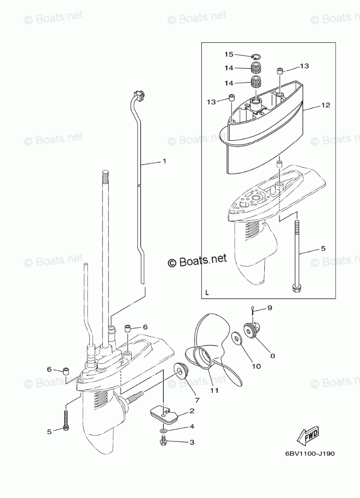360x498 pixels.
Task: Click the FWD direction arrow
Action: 307,434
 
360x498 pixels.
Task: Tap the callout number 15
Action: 228,54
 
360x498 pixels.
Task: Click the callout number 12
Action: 325,105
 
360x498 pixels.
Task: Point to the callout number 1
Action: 164,161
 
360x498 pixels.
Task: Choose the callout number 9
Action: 269,307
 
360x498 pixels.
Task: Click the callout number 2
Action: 192,411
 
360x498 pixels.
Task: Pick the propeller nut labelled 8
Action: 250,331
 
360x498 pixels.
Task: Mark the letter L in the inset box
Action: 207,292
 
